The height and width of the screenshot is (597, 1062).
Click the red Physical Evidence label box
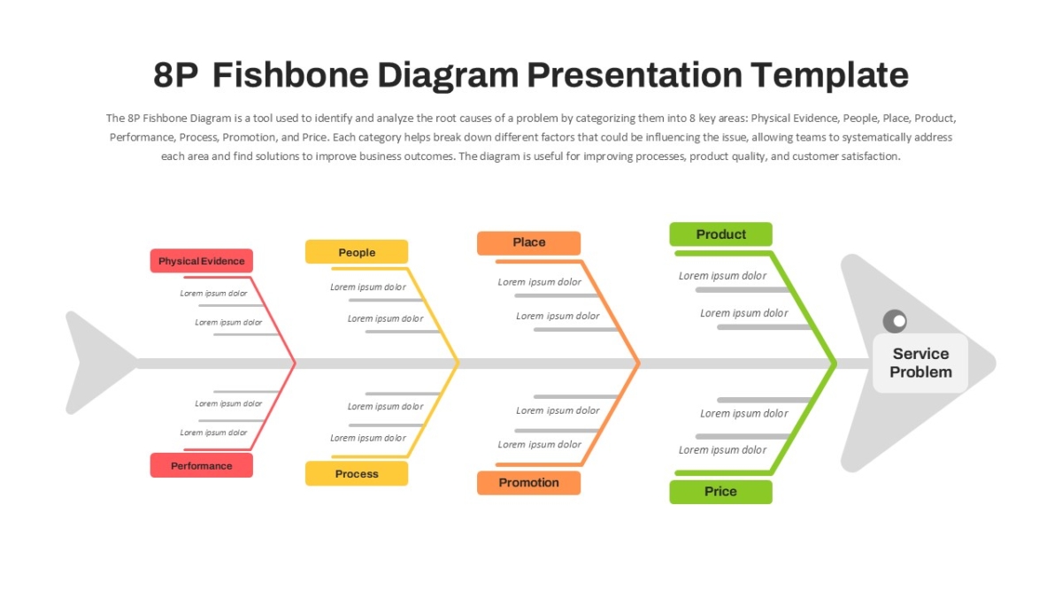(x=202, y=261)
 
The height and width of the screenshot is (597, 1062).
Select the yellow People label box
(x=357, y=251)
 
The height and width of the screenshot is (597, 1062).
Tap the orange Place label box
(x=528, y=243)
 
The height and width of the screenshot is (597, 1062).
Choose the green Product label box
(x=720, y=234)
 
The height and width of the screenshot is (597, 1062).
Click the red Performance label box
(x=202, y=465)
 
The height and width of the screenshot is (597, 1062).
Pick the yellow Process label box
(x=357, y=473)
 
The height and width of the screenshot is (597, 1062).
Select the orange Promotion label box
(x=528, y=483)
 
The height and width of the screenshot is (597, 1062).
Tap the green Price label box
(x=720, y=492)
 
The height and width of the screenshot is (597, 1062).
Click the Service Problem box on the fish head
(x=920, y=363)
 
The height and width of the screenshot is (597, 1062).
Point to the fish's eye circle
(x=895, y=321)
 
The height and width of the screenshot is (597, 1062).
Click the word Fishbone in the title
(x=290, y=75)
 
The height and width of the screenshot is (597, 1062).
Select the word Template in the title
(x=829, y=75)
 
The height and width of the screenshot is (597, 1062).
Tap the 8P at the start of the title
(x=175, y=75)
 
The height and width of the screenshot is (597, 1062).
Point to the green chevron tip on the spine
(x=835, y=364)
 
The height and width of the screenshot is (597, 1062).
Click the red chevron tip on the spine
(x=295, y=364)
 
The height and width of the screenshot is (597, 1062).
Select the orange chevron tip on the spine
(x=639, y=364)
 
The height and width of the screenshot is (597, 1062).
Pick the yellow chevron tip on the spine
(x=458, y=364)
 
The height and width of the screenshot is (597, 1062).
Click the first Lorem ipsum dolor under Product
(x=722, y=276)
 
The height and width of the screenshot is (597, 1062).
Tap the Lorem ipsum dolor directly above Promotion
(x=539, y=444)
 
